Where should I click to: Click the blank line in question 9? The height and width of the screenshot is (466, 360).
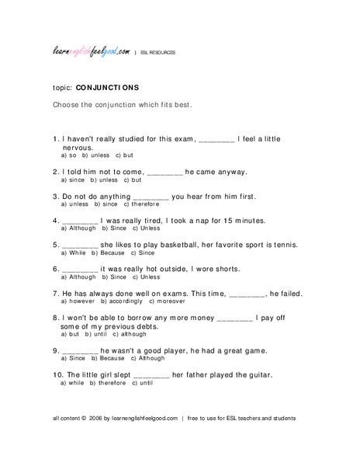78,350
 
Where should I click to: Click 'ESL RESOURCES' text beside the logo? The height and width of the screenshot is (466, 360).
158,53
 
